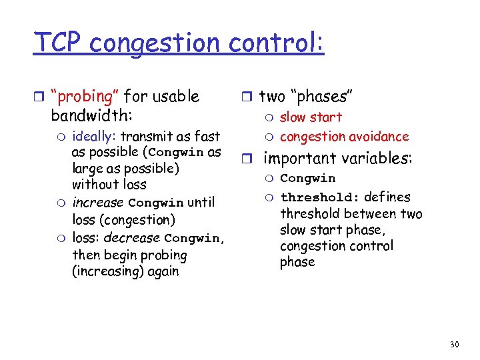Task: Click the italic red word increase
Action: pos(98,202)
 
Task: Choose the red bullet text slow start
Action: pos(311,117)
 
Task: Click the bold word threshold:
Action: pos(321,197)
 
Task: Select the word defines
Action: pos(387,197)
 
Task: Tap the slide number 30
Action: pos(455,344)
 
